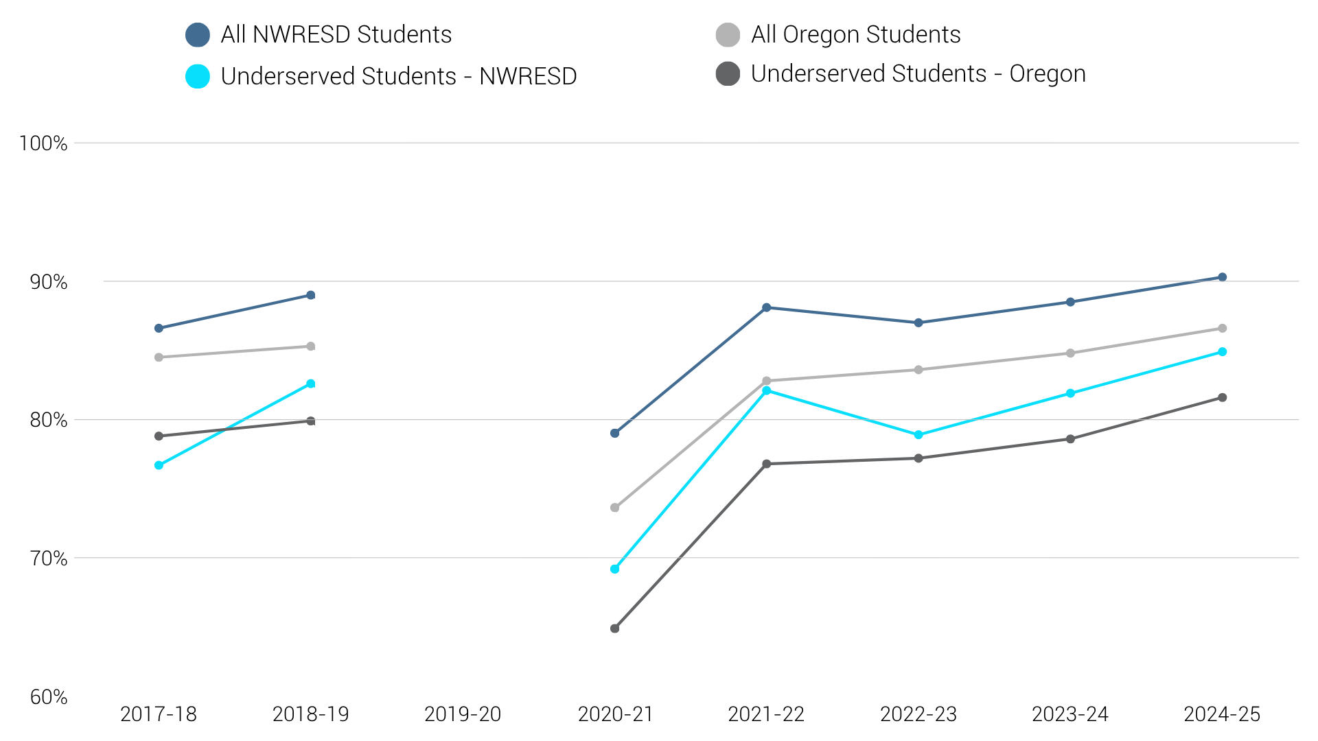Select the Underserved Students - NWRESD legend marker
coord(198,76)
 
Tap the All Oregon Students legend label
coord(855,35)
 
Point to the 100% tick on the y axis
coord(43,143)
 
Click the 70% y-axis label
coord(49,558)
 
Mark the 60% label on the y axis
coord(49,697)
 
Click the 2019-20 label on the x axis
coord(463,714)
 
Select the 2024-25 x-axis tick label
coord(1222,714)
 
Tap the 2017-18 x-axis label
coord(159,714)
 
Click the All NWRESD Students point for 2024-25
coord(1222,277)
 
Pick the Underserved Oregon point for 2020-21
coord(614,628)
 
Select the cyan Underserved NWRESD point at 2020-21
coord(614,569)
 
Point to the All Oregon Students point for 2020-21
coord(614,508)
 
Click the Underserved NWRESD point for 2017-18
coord(159,465)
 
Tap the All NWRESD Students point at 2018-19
coord(310,295)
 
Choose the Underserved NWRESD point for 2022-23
coord(918,435)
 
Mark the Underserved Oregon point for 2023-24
coord(1070,439)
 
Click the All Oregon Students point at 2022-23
coord(918,370)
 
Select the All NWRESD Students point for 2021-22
coord(766,307)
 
